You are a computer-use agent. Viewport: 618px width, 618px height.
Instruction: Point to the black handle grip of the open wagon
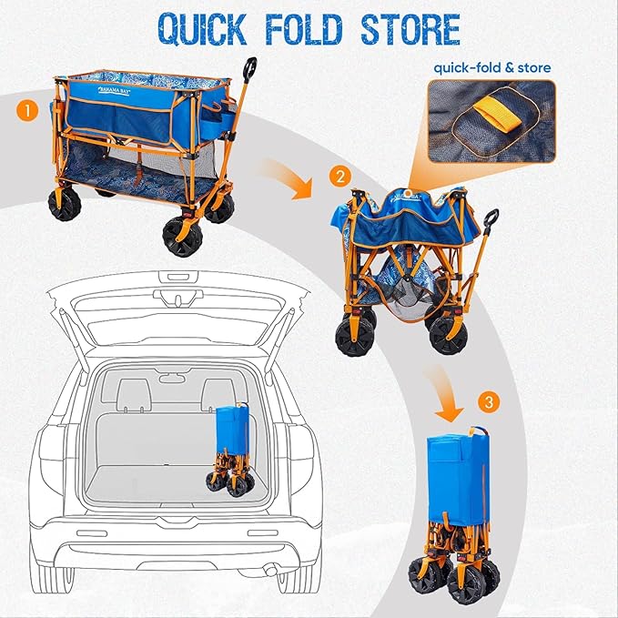249,69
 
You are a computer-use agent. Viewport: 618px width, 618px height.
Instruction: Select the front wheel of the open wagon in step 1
182,236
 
